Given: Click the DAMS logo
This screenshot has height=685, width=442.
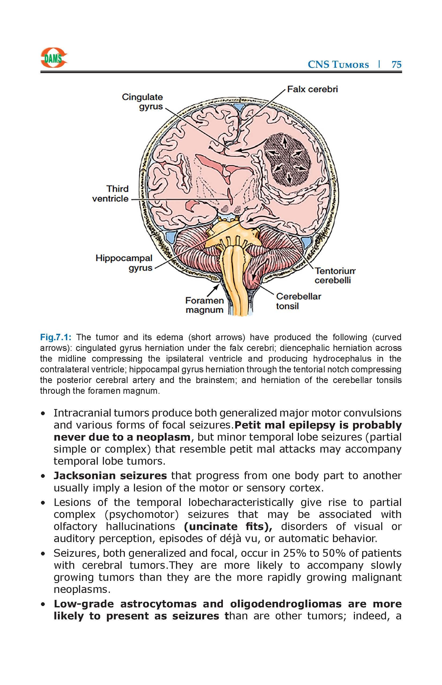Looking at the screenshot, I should click(54, 58).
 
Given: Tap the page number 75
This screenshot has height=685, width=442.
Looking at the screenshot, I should click(396, 64).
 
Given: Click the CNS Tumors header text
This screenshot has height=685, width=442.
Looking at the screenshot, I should click(338, 64).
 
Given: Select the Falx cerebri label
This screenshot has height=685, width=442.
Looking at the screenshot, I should click(312, 89).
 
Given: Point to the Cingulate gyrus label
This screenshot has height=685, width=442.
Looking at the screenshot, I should click(142, 102).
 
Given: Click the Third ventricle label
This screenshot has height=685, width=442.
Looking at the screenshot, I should click(110, 194).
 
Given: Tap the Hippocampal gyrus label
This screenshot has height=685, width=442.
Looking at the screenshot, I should click(124, 263).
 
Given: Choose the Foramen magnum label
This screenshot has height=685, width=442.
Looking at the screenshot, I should click(204, 305).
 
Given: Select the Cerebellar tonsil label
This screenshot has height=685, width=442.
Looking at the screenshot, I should click(298, 301).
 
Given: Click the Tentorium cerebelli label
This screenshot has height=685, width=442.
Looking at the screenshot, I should click(335, 275).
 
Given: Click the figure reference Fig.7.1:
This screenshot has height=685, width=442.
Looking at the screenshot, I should click(56, 337).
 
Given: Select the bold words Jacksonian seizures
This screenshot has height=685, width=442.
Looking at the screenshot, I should click(110, 476).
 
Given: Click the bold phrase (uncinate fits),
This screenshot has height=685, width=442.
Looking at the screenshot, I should click(228, 527).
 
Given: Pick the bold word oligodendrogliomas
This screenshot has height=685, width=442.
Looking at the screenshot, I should click(286, 604).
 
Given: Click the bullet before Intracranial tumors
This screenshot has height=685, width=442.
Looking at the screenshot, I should click(43, 414).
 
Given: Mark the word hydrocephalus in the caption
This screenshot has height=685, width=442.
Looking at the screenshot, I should click(342, 359).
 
